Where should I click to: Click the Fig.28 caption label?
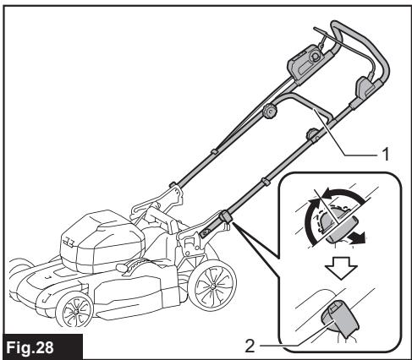coord(33,346)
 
